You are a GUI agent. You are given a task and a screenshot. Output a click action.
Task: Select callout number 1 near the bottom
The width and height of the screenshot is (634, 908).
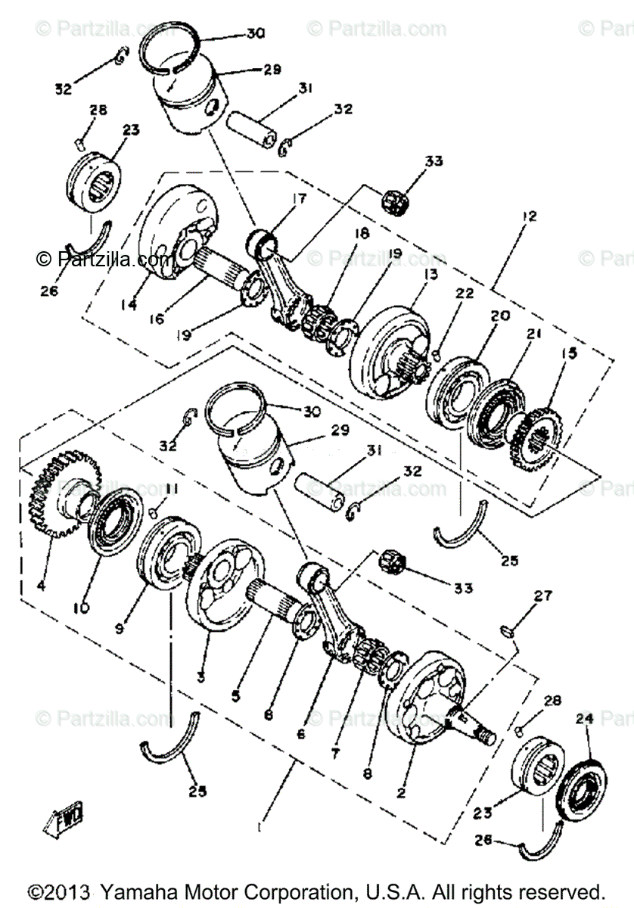[258, 827]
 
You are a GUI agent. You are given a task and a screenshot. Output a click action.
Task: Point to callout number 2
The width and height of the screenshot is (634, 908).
[401, 793]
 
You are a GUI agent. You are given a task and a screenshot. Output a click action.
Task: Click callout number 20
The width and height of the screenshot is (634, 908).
[501, 315]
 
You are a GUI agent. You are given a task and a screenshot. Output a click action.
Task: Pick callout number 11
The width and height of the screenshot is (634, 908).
[171, 490]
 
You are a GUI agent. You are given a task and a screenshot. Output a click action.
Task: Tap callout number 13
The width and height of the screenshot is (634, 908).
[431, 274]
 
